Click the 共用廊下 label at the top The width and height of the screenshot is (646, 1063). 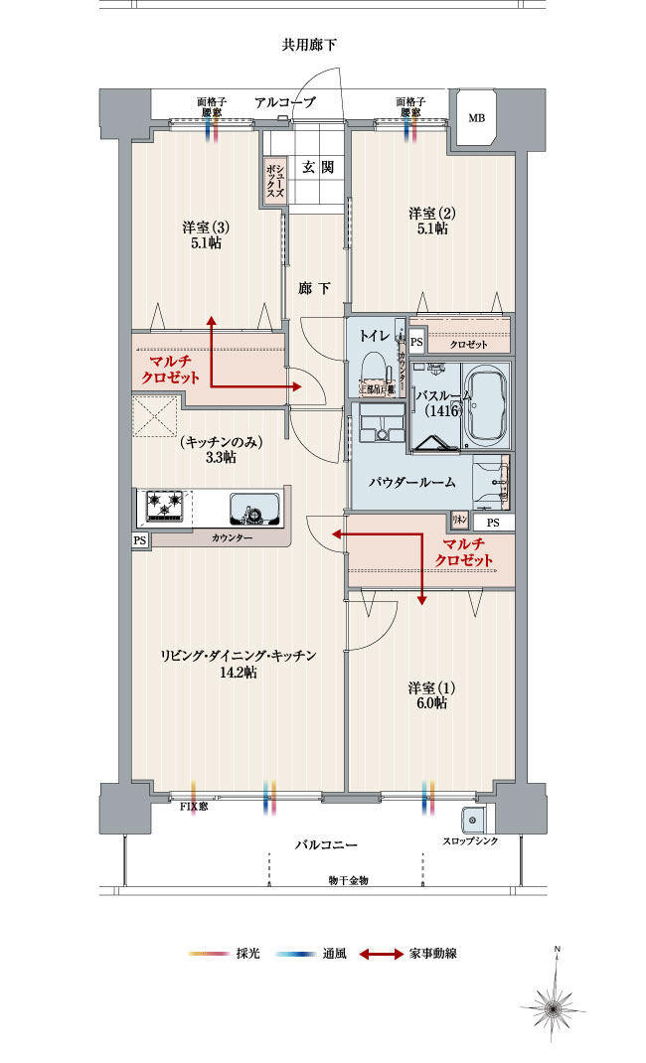pos(311,45)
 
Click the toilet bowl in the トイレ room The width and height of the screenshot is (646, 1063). pos(374,369)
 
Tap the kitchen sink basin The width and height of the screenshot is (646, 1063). pos(252,511)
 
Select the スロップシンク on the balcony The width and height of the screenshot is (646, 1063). pos(471,822)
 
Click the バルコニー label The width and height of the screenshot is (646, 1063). pos(326,844)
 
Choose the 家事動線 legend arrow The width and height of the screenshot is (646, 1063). pos(381,955)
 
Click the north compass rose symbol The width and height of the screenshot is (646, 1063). pos(558,1003)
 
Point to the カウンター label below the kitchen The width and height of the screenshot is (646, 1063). pos(232,537)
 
